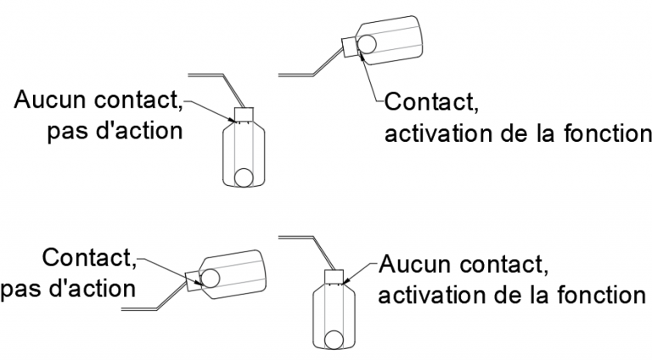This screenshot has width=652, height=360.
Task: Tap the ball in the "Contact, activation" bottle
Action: tap(368, 42)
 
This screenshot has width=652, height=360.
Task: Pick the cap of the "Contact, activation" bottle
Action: tap(349, 47)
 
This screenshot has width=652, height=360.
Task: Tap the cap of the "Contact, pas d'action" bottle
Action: tap(192, 280)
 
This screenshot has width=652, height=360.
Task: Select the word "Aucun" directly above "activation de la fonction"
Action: tap(413, 265)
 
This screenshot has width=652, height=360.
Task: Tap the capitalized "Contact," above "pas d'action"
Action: tap(90, 257)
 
